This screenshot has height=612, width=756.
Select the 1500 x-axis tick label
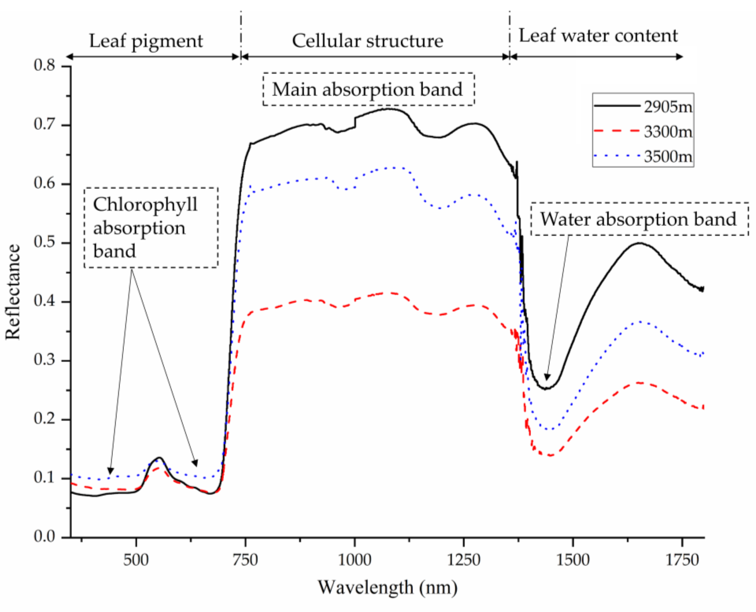click(x=573, y=560)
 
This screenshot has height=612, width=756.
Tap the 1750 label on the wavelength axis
click(x=682, y=560)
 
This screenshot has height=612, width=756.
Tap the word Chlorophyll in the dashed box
click(x=145, y=204)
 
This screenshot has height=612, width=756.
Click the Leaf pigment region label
click(x=146, y=41)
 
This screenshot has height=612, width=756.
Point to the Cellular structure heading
click(x=367, y=41)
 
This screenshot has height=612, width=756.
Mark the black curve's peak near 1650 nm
click(x=639, y=243)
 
